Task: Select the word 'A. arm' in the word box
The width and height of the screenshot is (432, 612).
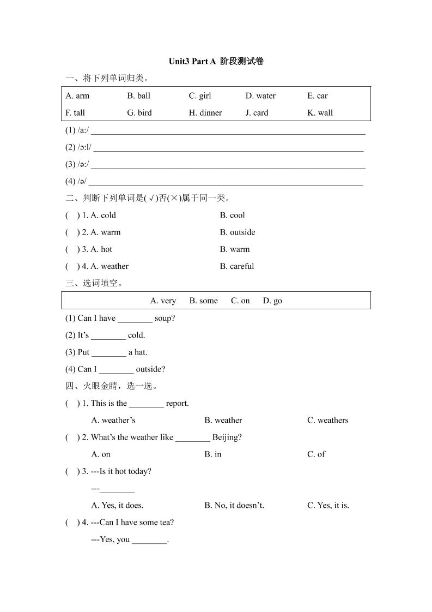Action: pyautogui.click(x=77, y=96)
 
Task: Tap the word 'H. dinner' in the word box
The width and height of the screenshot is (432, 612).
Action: pyautogui.click(x=205, y=113)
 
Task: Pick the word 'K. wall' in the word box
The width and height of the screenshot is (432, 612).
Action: pyautogui.click(x=320, y=113)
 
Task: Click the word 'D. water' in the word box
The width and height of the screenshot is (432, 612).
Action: pyautogui.click(x=260, y=96)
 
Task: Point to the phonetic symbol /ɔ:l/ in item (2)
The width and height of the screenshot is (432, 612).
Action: pyautogui.click(x=84, y=147)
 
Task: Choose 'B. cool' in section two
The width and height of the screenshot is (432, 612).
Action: pyautogui.click(x=233, y=215)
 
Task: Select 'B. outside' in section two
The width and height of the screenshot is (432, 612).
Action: pyautogui.click(x=238, y=232)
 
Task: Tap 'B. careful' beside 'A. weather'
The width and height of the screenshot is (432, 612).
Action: pyautogui.click(x=237, y=267)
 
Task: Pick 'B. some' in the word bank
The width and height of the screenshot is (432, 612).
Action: pyautogui.click(x=203, y=301)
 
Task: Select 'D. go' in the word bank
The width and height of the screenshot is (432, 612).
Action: pyautogui.click(x=272, y=301)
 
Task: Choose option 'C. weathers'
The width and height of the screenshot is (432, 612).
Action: pyautogui.click(x=327, y=421)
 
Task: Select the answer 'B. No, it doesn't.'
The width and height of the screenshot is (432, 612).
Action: pyautogui.click(x=234, y=506)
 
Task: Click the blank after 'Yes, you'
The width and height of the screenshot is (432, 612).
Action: pyautogui.click(x=149, y=540)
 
